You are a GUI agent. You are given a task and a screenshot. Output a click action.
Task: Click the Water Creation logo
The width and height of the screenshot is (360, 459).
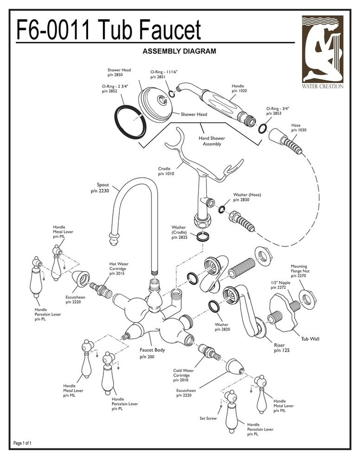(x=323, y=52)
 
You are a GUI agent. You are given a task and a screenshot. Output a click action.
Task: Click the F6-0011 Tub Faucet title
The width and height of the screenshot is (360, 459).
(x=109, y=30)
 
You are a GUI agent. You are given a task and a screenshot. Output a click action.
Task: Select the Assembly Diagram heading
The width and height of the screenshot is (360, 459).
(x=179, y=51)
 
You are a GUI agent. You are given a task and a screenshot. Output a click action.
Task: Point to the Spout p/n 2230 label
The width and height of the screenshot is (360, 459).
(x=103, y=187)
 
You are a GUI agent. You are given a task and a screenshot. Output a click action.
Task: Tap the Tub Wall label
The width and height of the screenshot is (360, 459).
(x=310, y=339)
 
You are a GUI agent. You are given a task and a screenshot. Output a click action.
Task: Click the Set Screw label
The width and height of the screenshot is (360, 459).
(x=208, y=418)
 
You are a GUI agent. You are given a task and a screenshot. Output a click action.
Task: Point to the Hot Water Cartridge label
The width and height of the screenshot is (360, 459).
(x=119, y=269)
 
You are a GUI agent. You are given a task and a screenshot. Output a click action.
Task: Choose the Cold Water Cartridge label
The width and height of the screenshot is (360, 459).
(x=184, y=375)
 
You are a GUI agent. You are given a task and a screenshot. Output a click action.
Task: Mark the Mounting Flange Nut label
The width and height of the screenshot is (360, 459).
(x=299, y=271)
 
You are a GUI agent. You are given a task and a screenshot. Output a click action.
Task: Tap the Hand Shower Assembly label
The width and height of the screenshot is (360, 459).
(x=212, y=141)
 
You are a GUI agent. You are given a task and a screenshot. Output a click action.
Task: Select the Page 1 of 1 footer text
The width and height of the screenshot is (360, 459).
(x=23, y=443)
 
